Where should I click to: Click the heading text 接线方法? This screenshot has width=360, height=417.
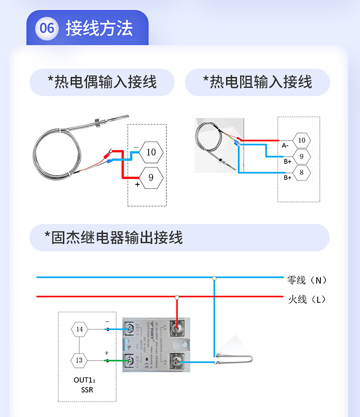point(99,28)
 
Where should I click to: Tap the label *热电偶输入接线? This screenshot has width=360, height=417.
point(102,82)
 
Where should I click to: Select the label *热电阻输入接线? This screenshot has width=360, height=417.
point(257,82)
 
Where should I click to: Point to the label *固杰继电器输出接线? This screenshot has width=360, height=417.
point(113,237)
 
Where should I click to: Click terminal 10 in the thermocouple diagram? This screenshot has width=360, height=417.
point(151,152)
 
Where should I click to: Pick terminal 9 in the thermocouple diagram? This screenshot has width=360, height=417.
point(151,178)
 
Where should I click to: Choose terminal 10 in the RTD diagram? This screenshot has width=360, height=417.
point(301,140)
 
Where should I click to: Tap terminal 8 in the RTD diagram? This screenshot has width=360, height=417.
point(301,173)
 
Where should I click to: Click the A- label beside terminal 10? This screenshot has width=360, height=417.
point(285,146)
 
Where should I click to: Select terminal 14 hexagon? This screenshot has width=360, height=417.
point(80,329)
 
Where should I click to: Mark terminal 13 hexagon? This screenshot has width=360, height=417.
point(80,361)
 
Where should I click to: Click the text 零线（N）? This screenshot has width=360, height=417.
point(307,280)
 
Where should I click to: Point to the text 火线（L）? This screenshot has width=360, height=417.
point(307,300)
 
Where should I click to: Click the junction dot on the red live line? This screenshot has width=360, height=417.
point(177,297)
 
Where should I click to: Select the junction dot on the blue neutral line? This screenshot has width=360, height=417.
point(214,277)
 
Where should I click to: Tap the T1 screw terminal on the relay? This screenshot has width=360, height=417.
point(177,361)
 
